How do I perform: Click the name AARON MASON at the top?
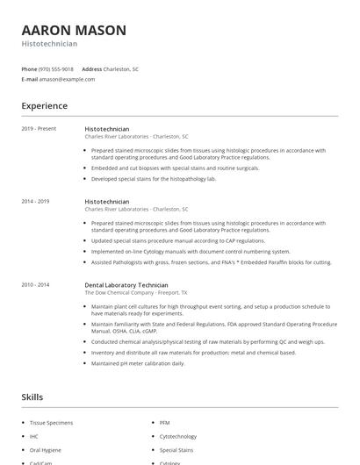click(x=74, y=30)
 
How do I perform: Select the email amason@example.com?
click(x=67, y=79)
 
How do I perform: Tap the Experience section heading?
click(x=44, y=106)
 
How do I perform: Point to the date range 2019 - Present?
click(x=39, y=129)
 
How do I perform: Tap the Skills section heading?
click(x=32, y=397)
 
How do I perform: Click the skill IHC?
click(x=34, y=436)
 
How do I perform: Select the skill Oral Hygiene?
click(x=46, y=449)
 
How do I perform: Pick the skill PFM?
click(x=165, y=423)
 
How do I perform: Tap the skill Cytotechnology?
click(x=178, y=436)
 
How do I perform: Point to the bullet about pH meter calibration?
click(x=137, y=362)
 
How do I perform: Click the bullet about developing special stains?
click(x=154, y=178)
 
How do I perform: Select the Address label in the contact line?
click(x=92, y=68)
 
